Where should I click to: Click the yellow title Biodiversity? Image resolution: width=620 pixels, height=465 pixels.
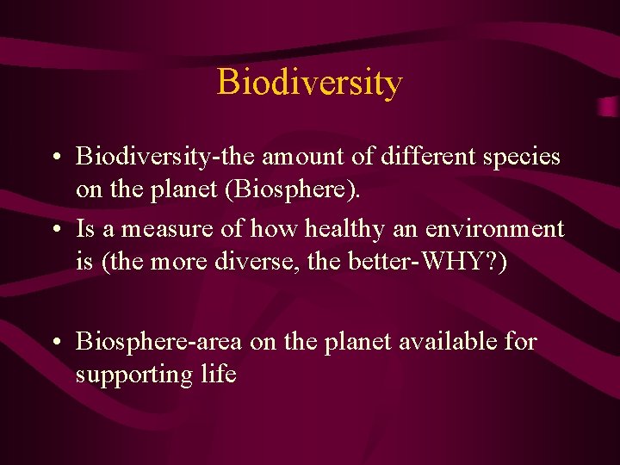309,83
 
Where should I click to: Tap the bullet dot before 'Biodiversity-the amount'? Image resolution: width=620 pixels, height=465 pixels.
54,158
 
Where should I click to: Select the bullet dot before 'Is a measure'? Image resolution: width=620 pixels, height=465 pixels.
54,230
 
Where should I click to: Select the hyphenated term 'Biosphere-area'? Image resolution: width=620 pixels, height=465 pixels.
159,343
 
